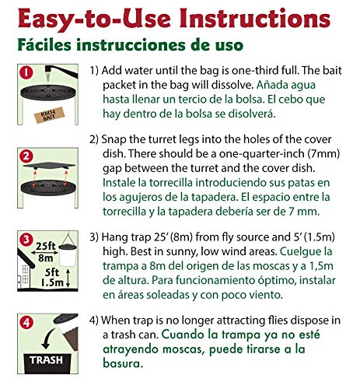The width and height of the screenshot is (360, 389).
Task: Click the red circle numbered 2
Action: click(26, 158)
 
